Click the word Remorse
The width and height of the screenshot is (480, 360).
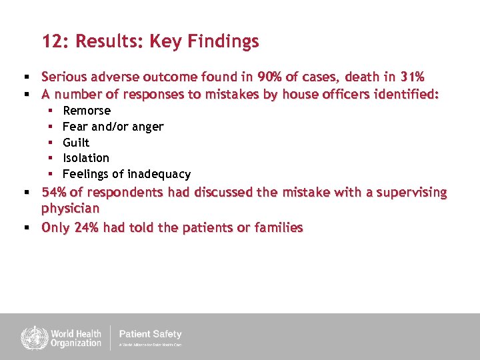click(x=87, y=111)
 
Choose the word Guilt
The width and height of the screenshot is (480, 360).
click(x=76, y=143)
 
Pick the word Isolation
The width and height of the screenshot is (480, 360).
click(x=86, y=158)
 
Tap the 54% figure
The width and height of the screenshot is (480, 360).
click(x=55, y=193)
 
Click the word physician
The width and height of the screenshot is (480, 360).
click(x=70, y=209)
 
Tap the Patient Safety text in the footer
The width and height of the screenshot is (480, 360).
click(x=150, y=334)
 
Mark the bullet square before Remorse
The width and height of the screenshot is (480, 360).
click(x=52, y=111)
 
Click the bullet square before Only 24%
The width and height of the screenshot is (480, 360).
click(x=26, y=228)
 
